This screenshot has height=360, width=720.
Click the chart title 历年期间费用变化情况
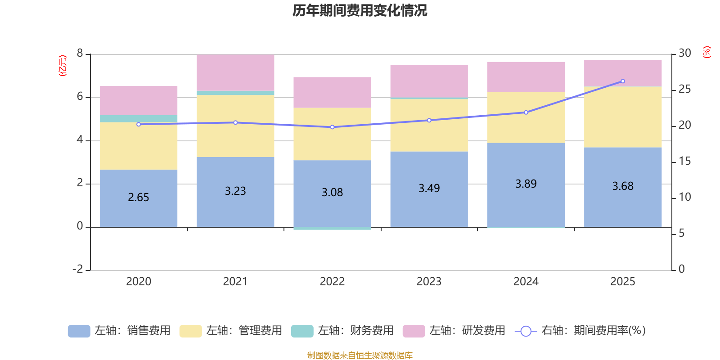(360, 10)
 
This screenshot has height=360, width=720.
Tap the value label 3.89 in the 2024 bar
(526, 184)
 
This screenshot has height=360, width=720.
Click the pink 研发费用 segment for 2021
(235, 72)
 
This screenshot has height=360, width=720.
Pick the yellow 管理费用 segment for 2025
(623, 117)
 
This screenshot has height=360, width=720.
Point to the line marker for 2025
(623, 81)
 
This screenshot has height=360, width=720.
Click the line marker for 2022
(332, 127)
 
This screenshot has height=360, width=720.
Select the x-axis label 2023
(429, 282)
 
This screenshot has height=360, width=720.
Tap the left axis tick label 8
(80, 54)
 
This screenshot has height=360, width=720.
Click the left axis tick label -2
(78, 269)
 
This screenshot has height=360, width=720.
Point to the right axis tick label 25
(684, 90)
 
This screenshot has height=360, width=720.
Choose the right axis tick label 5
(681, 233)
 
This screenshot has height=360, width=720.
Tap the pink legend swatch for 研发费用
(414, 331)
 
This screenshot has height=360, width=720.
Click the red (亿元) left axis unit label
(63, 66)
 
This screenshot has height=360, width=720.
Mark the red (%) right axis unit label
(706, 52)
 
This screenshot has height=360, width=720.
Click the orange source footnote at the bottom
(360, 355)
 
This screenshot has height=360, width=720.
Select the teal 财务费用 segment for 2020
(139, 119)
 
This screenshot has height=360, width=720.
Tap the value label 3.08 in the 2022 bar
(332, 193)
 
